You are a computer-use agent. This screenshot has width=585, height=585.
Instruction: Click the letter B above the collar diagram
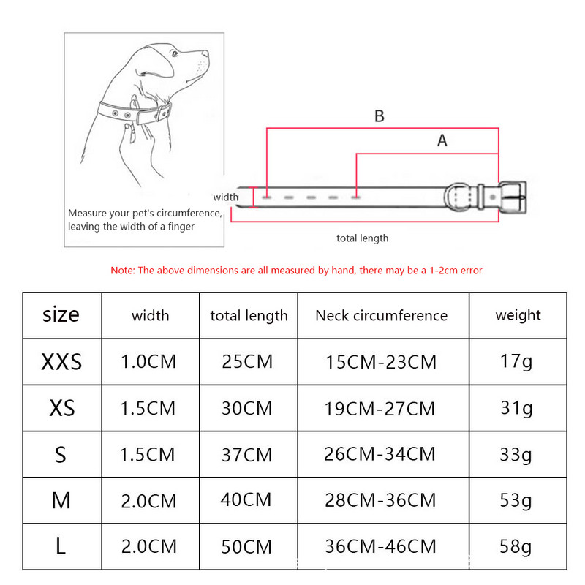380,116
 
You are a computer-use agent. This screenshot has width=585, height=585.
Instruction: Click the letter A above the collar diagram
442,140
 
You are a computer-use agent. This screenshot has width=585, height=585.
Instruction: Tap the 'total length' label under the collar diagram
362,238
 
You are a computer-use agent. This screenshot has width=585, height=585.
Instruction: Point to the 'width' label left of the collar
226,197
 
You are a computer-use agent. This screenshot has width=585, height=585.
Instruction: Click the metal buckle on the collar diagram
513,197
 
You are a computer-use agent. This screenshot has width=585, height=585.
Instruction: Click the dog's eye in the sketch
175,54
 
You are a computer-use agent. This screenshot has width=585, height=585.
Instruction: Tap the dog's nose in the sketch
205,53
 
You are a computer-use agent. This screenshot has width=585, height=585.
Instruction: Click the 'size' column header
61,314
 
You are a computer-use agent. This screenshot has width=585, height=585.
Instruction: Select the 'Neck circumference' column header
381,316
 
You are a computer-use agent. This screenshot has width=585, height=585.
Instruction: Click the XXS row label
61,361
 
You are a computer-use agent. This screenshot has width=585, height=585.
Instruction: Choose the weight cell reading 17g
516,361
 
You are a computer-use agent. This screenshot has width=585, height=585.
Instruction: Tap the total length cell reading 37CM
247,455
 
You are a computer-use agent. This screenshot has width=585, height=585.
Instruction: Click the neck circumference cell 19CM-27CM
380,409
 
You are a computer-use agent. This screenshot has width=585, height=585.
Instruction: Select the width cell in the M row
148,501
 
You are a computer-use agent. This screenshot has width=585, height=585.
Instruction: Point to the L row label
61,546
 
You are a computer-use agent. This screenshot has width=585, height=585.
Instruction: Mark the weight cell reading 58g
516,547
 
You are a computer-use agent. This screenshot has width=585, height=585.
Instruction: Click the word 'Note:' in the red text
123,270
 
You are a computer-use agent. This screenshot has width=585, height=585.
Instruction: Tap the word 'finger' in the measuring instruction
181,227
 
